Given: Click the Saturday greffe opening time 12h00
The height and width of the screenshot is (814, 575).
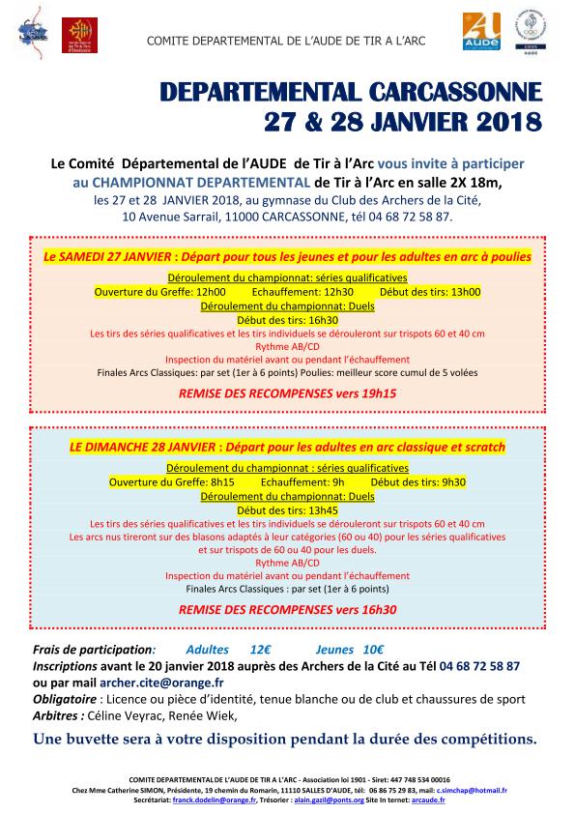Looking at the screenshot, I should click(x=210, y=291).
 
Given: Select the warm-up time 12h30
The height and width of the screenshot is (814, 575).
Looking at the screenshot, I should click(x=337, y=291).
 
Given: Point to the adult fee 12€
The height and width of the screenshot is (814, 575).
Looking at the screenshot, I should click(x=260, y=650).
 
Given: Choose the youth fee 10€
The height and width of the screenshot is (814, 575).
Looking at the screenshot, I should click(x=373, y=650).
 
